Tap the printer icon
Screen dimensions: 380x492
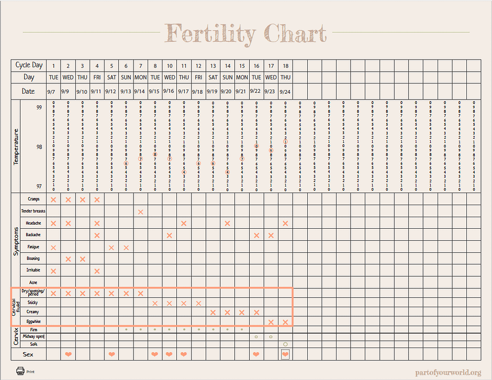(x=20, y=371)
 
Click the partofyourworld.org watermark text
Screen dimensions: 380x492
(x=448, y=372)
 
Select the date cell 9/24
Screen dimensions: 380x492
(x=285, y=91)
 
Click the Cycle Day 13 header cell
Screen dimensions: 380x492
(x=213, y=66)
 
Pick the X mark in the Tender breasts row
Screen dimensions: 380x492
(x=140, y=211)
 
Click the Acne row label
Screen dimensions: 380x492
(x=33, y=283)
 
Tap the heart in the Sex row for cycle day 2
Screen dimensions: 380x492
(x=68, y=354)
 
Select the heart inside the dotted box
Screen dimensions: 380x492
(x=285, y=354)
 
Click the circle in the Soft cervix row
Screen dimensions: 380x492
(x=285, y=344)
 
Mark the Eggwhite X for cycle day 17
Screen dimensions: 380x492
(x=271, y=321)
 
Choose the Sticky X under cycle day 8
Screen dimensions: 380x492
(x=155, y=303)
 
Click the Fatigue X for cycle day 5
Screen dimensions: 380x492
(x=111, y=247)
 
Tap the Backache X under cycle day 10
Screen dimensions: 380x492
(x=169, y=235)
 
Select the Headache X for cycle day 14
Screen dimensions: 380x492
(x=227, y=223)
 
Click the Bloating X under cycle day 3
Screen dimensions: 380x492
(x=82, y=259)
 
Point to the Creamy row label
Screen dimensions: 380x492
(x=32, y=312)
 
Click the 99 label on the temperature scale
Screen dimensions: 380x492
(x=39, y=107)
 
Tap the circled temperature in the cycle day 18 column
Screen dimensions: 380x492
(x=285, y=142)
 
